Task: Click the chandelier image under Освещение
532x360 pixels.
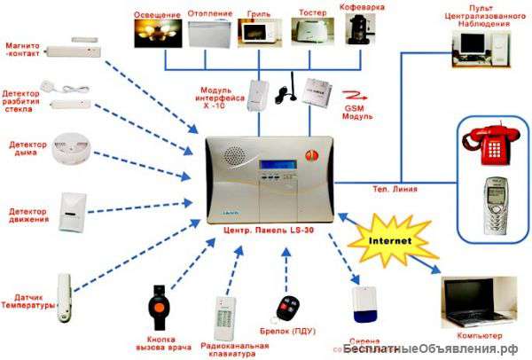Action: click(156, 35)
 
